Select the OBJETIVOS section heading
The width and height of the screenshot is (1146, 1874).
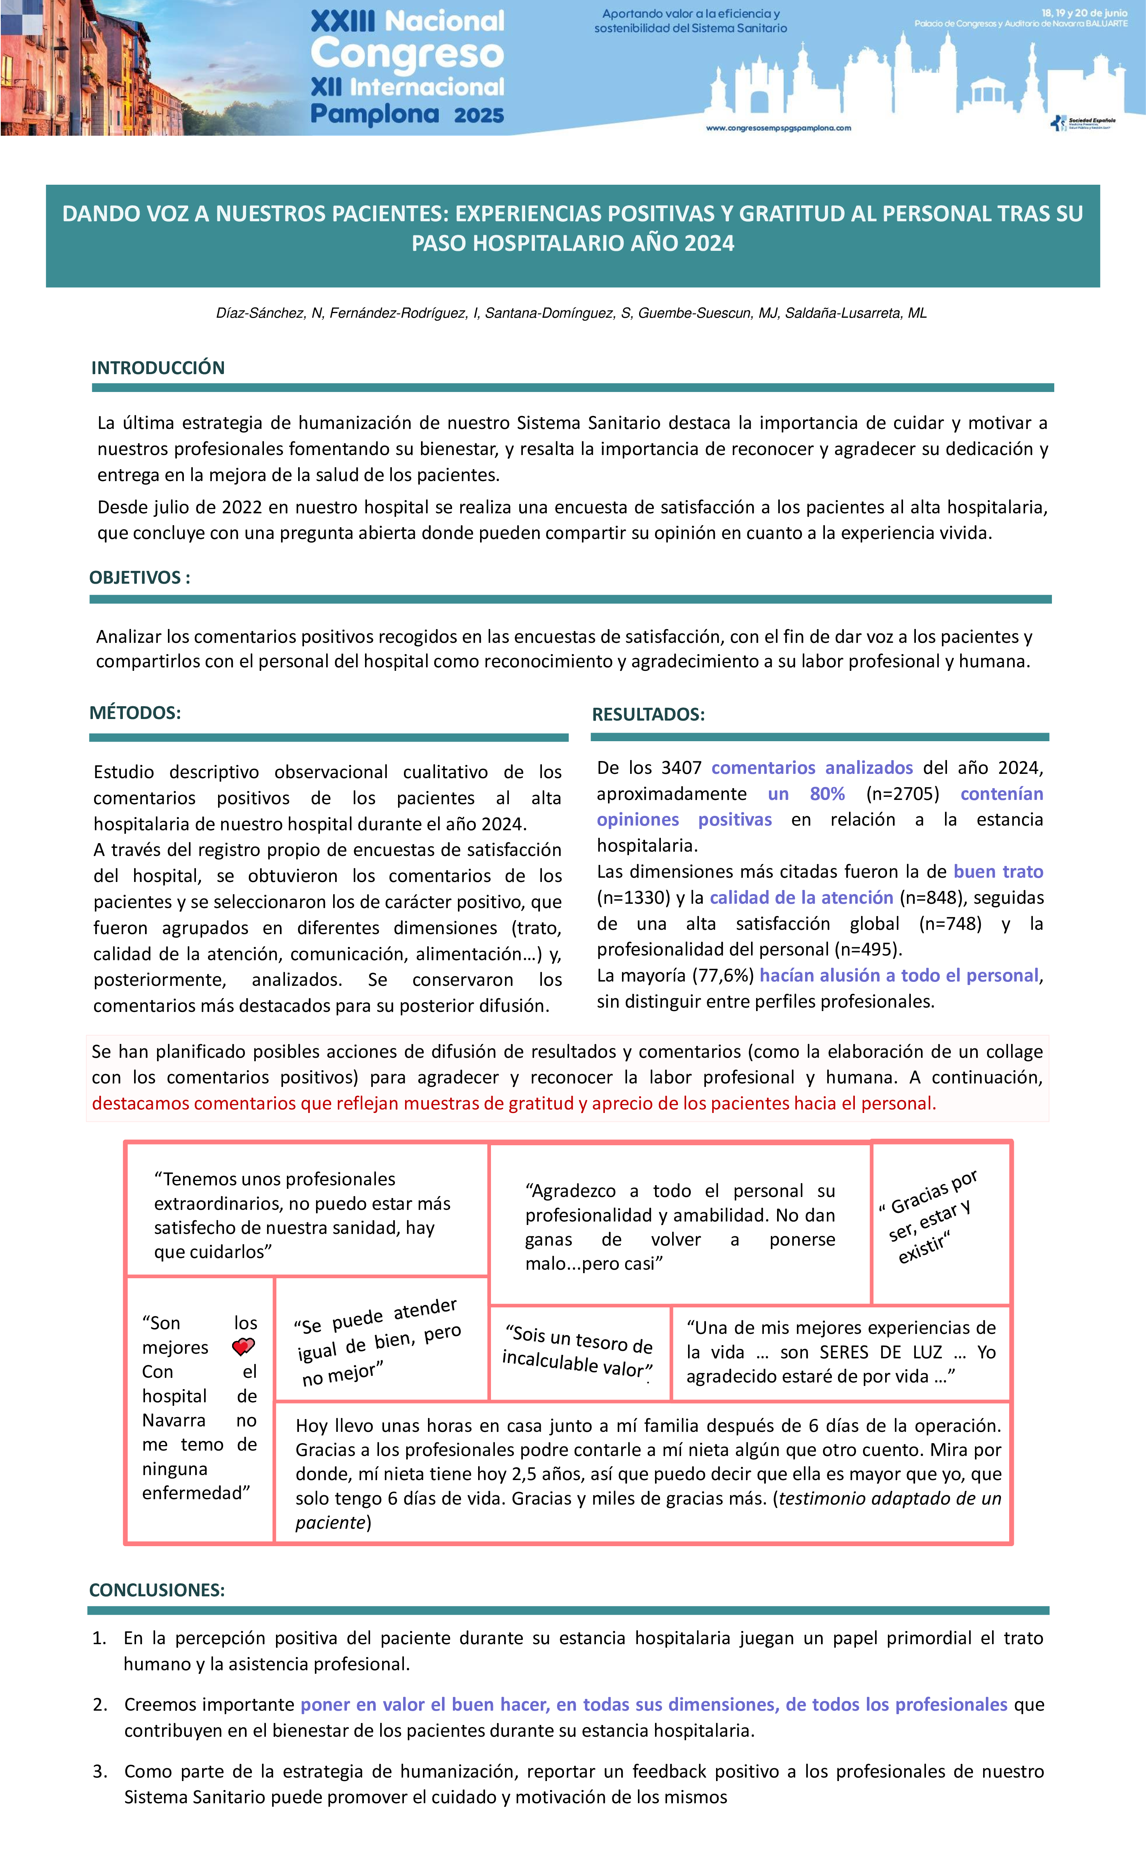pos(139,577)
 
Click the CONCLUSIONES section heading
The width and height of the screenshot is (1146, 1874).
pos(157,1591)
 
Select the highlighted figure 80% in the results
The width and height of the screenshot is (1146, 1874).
pos(827,794)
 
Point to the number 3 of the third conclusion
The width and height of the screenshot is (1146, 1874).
pos(100,1771)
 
